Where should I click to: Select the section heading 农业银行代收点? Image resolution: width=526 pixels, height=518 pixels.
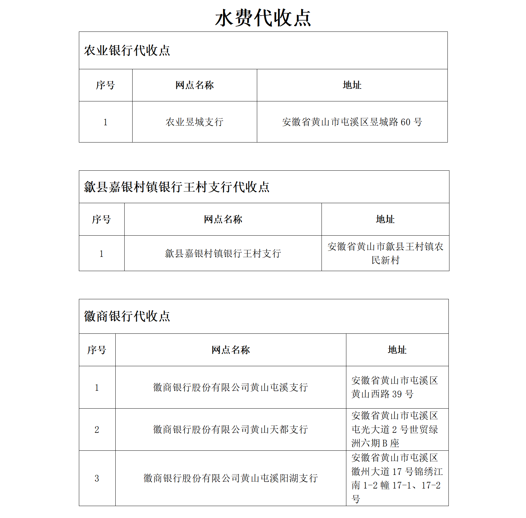(x=127, y=51)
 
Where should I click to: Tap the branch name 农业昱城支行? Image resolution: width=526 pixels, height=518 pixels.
(x=195, y=122)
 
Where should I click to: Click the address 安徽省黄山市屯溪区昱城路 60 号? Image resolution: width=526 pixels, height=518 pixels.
(x=352, y=122)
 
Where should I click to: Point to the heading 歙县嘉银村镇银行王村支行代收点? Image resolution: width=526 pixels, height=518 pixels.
(x=177, y=187)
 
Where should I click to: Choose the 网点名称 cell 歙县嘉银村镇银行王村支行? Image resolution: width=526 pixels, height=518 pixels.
(x=223, y=254)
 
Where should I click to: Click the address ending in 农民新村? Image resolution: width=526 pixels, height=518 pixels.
(x=385, y=253)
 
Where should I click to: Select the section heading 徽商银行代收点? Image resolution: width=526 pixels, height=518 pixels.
(x=127, y=316)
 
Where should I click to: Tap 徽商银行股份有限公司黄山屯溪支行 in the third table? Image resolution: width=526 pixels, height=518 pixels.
(x=230, y=387)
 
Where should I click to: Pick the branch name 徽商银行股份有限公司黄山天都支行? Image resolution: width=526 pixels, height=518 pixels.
(x=230, y=430)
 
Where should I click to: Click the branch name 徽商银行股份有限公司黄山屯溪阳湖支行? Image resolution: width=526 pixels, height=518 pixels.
(x=230, y=478)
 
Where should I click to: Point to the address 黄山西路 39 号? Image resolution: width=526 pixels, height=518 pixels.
(x=394, y=387)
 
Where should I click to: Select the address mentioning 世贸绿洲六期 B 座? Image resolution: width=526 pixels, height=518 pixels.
(x=394, y=430)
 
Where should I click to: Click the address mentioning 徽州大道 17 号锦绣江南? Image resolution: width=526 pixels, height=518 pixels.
(x=397, y=478)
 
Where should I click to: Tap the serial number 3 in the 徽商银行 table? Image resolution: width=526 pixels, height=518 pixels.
(x=97, y=478)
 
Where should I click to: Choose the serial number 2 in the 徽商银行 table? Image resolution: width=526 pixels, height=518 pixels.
(x=97, y=430)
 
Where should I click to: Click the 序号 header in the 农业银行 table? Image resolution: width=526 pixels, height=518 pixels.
(x=105, y=85)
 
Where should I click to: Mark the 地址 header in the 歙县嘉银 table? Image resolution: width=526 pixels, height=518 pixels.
(x=385, y=219)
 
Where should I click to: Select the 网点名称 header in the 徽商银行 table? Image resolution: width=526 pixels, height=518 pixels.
(x=230, y=350)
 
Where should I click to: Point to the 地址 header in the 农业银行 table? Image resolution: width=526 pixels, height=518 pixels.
(x=352, y=85)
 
